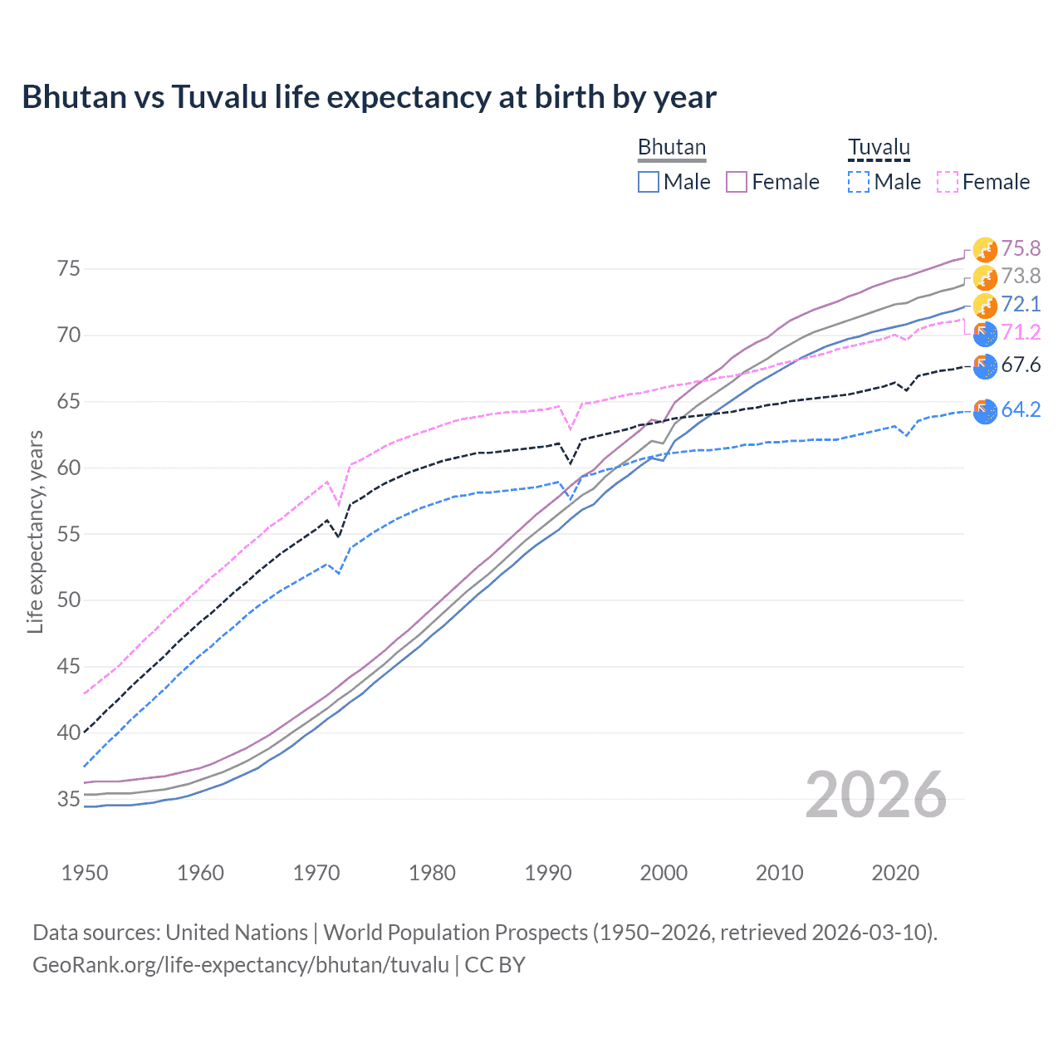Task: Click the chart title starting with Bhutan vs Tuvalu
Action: pos(369,97)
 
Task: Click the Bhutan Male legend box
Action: pos(649,182)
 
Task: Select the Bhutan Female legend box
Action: pos(737,182)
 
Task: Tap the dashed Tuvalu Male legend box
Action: pos(859,182)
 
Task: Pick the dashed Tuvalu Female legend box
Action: pos(948,182)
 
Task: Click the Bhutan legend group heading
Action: pos(671,147)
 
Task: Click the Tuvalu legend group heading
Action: pos(879,147)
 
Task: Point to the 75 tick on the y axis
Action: pos(69,269)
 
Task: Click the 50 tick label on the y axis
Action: pos(69,600)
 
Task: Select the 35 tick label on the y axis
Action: pos(69,799)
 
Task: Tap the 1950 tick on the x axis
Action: pos(85,873)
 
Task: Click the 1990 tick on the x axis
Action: pos(548,873)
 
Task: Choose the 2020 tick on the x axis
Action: pos(895,873)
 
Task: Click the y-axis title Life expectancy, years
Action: pos(35,531)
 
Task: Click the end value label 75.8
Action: pos(1021,248)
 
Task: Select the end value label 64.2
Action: pos(1021,409)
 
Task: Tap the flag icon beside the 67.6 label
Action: pos(985,365)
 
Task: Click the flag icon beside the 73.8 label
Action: pos(985,277)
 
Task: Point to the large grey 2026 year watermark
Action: pos(876,796)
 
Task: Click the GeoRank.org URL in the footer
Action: pos(241,965)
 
